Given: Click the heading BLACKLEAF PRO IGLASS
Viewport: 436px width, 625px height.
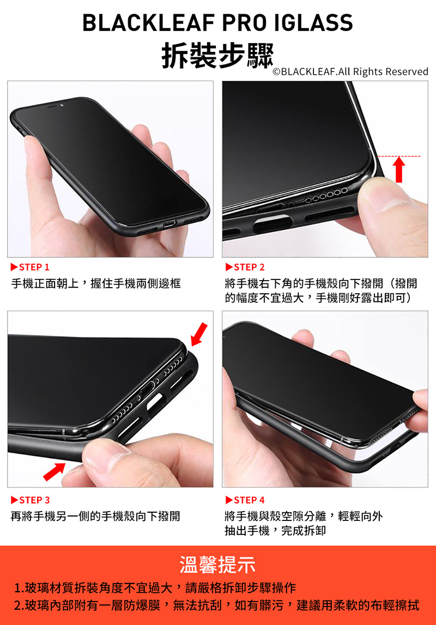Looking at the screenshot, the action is click(x=217, y=22).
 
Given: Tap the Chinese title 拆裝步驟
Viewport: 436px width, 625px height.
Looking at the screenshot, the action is click(x=217, y=55).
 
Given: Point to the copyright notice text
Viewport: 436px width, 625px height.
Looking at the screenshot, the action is click(x=350, y=72).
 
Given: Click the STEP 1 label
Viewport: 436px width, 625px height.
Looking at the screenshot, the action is click(x=31, y=267).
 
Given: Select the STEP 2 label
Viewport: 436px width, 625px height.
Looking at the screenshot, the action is click(x=245, y=267).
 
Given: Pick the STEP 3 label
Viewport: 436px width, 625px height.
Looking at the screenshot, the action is click(x=31, y=500).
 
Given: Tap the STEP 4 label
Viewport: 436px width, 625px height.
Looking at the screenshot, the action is click(x=245, y=500).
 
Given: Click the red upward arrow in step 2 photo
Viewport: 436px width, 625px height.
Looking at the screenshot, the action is click(x=399, y=169).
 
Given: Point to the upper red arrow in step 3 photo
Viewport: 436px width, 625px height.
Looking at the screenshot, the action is click(x=199, y=334).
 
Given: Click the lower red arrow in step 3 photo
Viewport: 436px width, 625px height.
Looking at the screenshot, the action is click(x=54, y=471).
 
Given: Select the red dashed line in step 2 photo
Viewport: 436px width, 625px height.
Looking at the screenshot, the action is click(x=398, y=156).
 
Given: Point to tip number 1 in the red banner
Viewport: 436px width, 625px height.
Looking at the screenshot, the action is click(x=155, y=587).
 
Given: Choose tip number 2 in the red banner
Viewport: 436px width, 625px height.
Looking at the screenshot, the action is click(x=216, y=605).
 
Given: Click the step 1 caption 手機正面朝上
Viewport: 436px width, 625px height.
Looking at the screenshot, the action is click(x=45, y=283).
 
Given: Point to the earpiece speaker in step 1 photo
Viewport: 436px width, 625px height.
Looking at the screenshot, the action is click(x=53, y=106).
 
